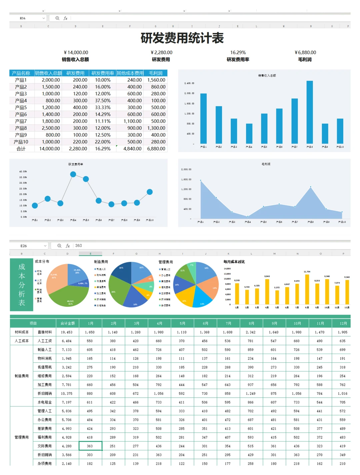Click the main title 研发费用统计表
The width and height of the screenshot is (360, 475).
(x=182, y=38)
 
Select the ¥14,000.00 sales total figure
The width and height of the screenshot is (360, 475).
(x=76, y=52)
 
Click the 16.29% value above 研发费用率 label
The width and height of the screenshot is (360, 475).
(x=238, y=52)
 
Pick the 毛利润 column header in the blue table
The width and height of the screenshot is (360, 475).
(x=156, y=73)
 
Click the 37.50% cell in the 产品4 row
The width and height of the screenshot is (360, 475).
(x=103, y=100)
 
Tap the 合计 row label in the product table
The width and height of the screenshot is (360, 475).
(x=21, y=149)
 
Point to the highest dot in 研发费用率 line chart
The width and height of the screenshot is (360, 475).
(x=73, y=174)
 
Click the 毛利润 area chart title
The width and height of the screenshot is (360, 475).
(x=266, y=164)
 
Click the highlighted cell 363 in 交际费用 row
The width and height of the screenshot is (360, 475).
(x=90, y=446)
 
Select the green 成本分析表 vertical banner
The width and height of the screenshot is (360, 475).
(x=22, y=285)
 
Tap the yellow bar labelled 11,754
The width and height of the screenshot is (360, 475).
(x=307, y=289)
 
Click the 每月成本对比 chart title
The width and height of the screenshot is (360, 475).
(x=234, y=262)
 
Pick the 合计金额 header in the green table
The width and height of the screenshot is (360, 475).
(x=68, y=323)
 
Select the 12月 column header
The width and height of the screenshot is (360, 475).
(x=343, y=323)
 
